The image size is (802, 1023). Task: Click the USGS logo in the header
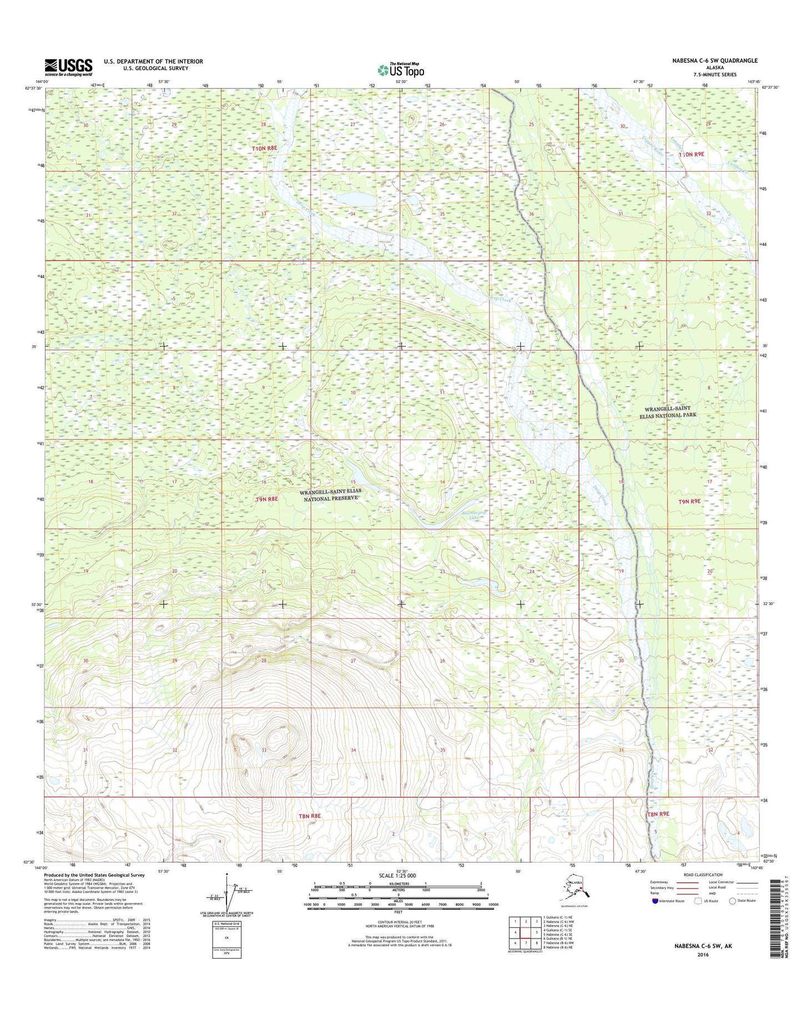[68, 67]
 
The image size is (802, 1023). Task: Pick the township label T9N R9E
[689, 501]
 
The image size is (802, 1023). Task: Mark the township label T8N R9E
[658, 814]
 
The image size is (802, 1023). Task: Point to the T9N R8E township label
[266, 499]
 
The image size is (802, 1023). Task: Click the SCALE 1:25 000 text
[398, 876]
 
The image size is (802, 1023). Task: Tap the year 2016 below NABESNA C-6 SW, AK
[703, 955]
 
